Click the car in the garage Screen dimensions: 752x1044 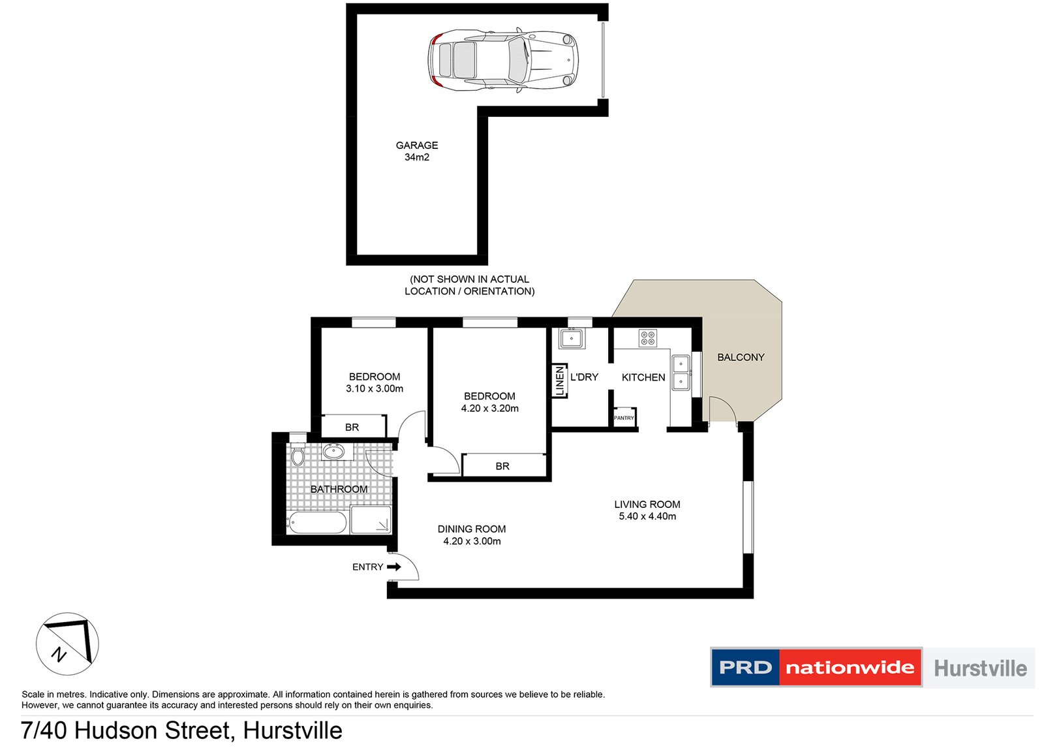[502, 59]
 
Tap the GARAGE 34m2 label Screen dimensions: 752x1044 [417, 151]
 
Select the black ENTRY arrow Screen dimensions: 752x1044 [393, 567]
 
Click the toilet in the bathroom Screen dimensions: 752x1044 [298, 454]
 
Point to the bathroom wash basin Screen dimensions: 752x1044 [334, 451]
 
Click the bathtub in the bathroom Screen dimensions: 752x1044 [316, 523]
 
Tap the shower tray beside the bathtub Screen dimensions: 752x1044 [371, 520]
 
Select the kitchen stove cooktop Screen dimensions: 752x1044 [647, 337]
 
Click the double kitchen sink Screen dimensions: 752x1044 [681, 373]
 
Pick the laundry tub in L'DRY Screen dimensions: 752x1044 [571, 338]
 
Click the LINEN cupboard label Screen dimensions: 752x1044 [559, 381]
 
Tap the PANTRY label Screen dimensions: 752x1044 [624, 418]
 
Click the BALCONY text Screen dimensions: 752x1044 [741, 357]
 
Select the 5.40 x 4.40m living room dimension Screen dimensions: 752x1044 [647, 516]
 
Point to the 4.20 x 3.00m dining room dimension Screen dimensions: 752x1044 [472, 541]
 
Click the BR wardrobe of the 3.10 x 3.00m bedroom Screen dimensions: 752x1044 [352, 427]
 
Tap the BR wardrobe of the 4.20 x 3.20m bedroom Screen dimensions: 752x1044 [502, 466]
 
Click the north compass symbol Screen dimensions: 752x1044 [67, 644]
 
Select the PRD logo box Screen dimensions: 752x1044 [745, 667]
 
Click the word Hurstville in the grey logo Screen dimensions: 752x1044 [980, 668]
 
